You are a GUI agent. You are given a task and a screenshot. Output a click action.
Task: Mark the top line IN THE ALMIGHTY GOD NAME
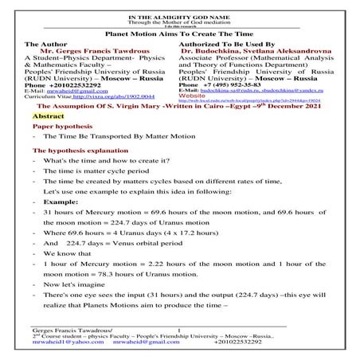(180, 5)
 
